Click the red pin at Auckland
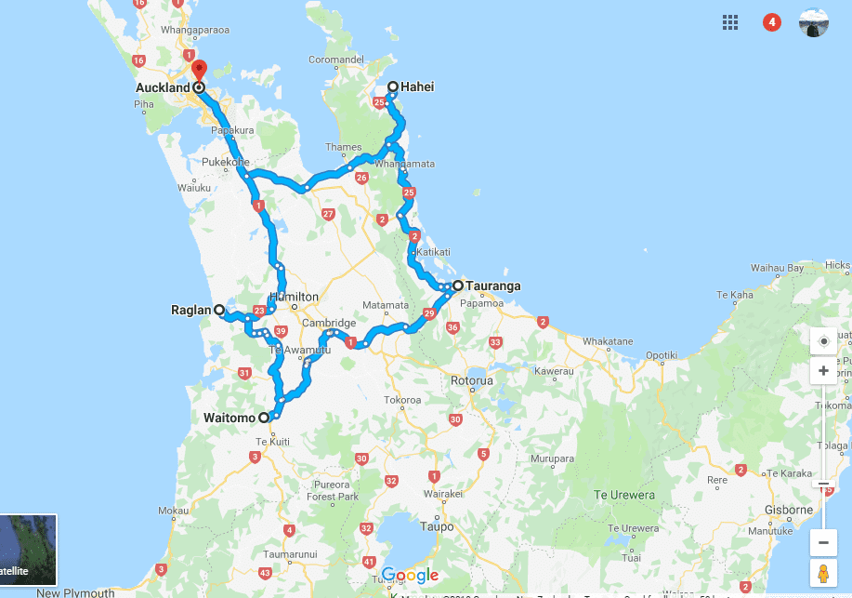coord(198,70)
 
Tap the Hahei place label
coord(417,87)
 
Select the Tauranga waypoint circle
coord(458,286)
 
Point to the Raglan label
coord(190,310)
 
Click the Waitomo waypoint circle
coord(264,418)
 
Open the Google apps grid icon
coord(730,22)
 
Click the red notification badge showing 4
coord(772,22)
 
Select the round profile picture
coord(814,22)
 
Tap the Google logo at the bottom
coord(409,576)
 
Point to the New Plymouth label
coord(76,592)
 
